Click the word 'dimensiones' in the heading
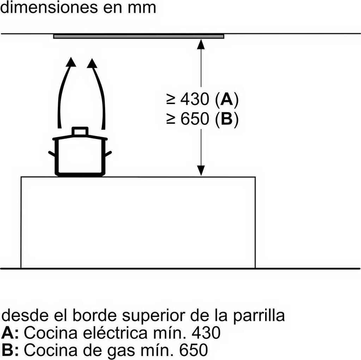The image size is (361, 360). (46, 7)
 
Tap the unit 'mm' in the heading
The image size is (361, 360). (142, 7)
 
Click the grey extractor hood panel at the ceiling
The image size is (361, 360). (139, 36)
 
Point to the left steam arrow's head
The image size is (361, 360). (71, 62)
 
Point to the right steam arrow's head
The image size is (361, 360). (92, 64)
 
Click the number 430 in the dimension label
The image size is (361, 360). (195, 100)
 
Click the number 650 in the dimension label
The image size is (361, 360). (195, 119)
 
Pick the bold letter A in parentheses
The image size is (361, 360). (226, 100)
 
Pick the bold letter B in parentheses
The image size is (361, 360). (226, 119)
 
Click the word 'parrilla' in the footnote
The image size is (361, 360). (259, 316)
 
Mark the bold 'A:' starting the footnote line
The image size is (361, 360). (11, 332)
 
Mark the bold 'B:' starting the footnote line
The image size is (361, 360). (11, 350)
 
